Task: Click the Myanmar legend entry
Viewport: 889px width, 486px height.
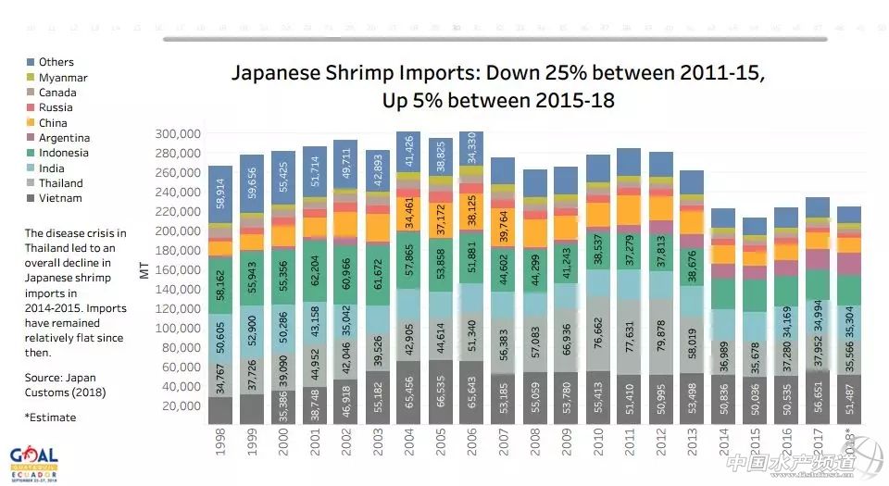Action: point(63,78)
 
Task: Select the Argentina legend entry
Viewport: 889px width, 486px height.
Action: point(65,138)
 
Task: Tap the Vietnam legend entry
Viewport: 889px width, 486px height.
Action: point(60,198)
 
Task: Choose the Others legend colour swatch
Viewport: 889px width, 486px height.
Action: point(30,63)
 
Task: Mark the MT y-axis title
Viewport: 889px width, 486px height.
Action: point(144,269)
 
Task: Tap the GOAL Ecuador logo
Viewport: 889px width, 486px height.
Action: point(33,465)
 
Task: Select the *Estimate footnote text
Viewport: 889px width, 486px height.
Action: point(50,417)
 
